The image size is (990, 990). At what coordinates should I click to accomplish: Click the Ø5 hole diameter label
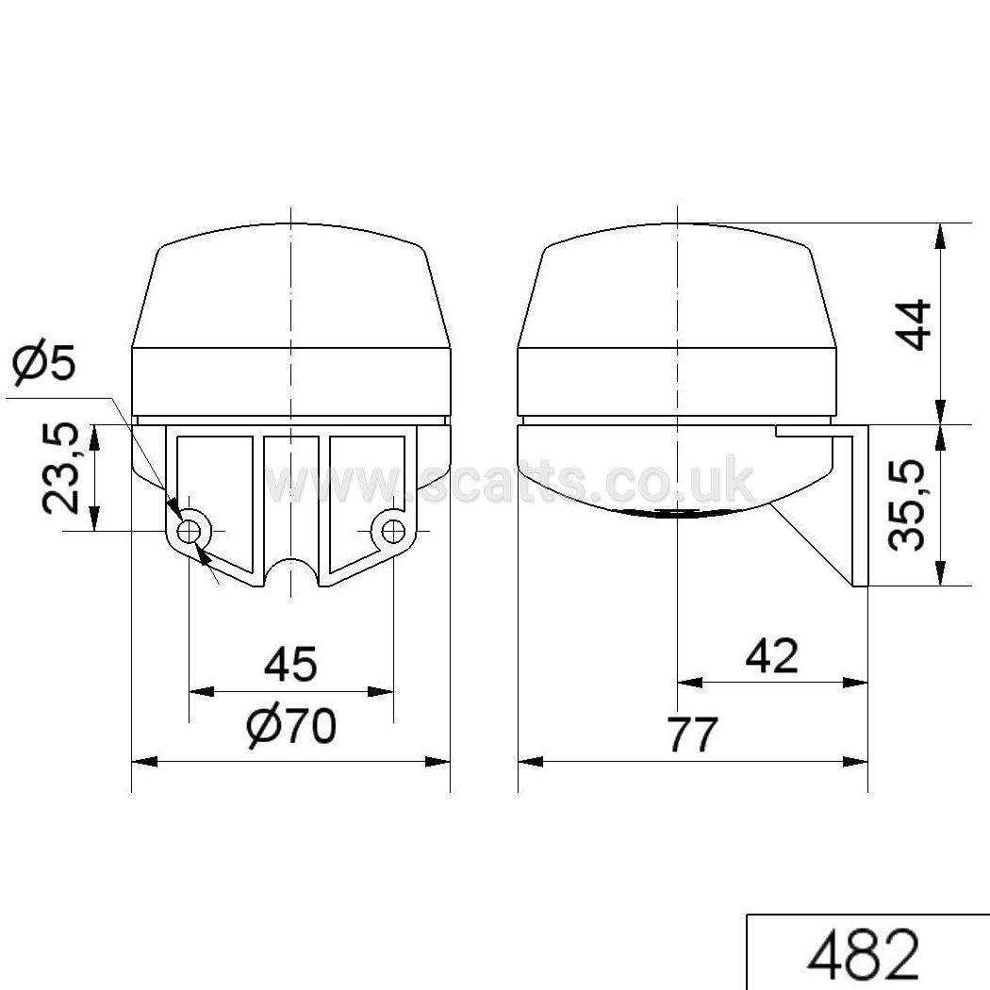tap(44, 364)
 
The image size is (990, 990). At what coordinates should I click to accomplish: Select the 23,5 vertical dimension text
tap(60, 468)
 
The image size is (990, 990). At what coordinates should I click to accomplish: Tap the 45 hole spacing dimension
tap(290, 664)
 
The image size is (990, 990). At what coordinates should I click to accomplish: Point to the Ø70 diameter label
tap(291, 726)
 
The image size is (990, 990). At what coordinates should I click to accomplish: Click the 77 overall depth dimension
tap(693, 734)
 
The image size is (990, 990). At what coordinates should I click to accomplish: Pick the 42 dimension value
tap(771, 655)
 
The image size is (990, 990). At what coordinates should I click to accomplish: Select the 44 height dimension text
tap(914, 324)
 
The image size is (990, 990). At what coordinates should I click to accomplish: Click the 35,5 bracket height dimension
tap(907, 504)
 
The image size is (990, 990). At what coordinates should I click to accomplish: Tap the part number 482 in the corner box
tap(863, 952)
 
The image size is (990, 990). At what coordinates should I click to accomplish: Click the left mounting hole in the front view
tap(190, 531)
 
